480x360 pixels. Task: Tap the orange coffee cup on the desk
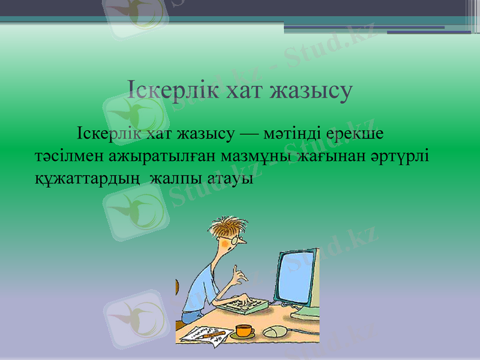(x=244, y=330)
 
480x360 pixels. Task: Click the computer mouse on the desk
(x=276, y=332)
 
